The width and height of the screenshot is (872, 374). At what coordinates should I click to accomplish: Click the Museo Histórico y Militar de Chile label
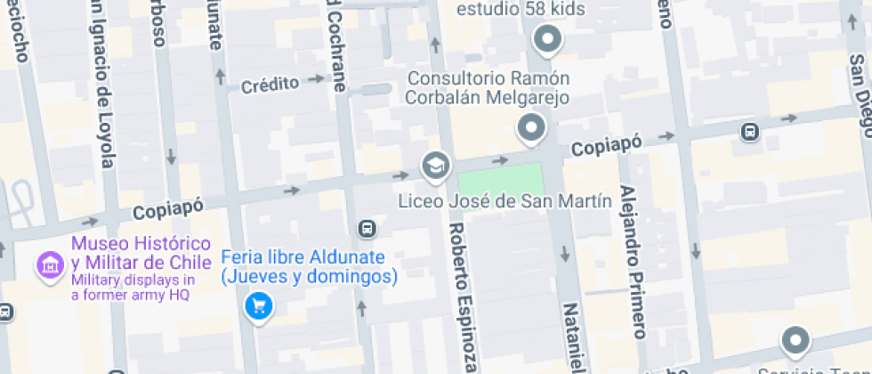point(141,253)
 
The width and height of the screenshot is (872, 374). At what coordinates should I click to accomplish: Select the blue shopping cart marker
point(258,307)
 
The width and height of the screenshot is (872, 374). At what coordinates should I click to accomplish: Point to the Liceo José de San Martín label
point(505,200)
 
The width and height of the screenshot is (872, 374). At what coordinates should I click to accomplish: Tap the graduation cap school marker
point(435,164)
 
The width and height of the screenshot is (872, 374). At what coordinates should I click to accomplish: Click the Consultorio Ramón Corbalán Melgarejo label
point(488,87)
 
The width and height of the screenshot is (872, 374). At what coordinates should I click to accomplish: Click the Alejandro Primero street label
point(631,264)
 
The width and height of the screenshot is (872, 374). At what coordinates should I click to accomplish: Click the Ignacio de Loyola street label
point(103,85)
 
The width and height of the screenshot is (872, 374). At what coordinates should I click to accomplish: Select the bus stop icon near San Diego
point(750,133)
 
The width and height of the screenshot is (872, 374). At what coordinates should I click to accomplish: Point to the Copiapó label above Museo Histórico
point(168,208)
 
